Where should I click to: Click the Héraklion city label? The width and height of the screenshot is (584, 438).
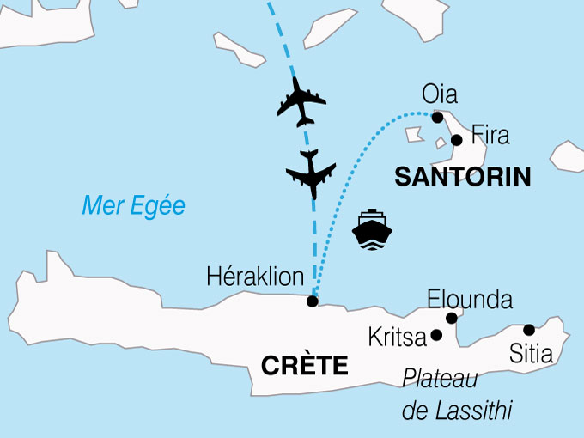pyautogui.click(x=256, y=277)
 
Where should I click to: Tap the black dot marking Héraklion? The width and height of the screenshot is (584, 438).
pyautogui.click(x=313, y=301)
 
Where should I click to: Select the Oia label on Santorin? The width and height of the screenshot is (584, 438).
pyautogui.click(x=440, y=94)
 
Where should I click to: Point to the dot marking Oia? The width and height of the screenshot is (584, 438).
pyautogui.click(x=437, y=118)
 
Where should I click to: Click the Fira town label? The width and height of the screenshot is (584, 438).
pyautogui.click(x=490, y=136)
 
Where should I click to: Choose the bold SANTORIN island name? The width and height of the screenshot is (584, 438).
pyautogui.click(x=461, y=178)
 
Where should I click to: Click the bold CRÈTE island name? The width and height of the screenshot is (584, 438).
pyautogui.click(x=304, y=366)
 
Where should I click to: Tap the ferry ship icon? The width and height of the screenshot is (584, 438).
pyautogui.click(x=373, y=228)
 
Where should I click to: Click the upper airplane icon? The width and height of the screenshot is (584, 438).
pyautogui.click(x=301, y=100)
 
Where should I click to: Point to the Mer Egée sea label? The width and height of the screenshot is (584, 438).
pyautogui.click(x=133, y=205)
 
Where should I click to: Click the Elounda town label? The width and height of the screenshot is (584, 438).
pyautogui.click(x=469, y=300)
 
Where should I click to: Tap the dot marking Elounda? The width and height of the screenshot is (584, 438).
pyautogui.click(x=451, y=319)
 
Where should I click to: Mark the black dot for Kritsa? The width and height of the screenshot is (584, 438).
pyautogui.click(x=436, y=335)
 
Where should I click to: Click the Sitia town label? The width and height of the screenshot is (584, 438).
pyautogui.click(x=530, y=353)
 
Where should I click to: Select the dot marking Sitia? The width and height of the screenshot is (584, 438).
pyautogui.click(x=529, y=329)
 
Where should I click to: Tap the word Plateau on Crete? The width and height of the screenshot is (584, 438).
pyautogui.click(x=440, y=379)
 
